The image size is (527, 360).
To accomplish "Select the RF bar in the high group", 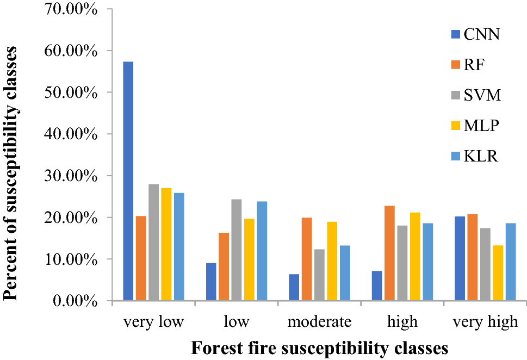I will [389, 253].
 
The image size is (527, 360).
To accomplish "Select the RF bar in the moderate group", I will [307, 259].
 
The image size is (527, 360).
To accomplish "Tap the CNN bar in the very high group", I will [460, 258].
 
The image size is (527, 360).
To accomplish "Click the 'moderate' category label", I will [319, 321].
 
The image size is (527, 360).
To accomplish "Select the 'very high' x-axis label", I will [485, 321].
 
